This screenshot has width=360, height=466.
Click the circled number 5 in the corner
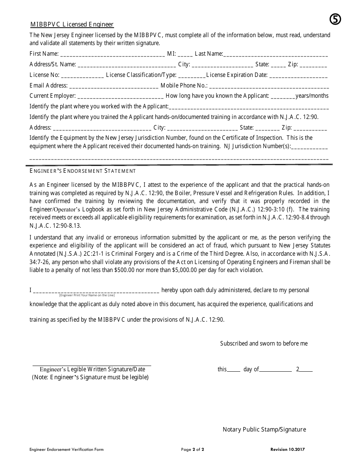click(335, 19)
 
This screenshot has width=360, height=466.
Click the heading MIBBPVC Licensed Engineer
click(72, 25)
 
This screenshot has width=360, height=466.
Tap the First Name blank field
click(112, 55)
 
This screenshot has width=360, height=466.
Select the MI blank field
click(185, 55)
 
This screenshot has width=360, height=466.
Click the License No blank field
click(82, 76)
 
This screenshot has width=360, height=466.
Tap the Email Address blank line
click(114, 86)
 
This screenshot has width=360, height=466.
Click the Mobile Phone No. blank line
click(269, 86)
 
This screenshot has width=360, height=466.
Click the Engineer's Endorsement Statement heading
click(83, 171)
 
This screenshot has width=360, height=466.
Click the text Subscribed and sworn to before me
click(264, 344)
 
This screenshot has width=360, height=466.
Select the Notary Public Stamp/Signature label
click(264, 430)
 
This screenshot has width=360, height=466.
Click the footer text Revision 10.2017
click(288, 450)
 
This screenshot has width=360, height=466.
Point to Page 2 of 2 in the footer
click(193, 450)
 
